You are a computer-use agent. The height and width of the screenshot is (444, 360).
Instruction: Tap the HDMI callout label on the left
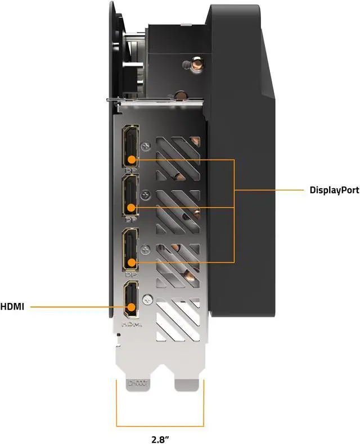pyautogui.click(x=12, y=307)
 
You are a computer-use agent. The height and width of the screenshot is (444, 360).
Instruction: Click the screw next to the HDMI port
pyautogui.click(x=147, y=299)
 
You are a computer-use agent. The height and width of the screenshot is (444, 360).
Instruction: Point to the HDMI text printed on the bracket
pyautogui.click(x=131, y=325)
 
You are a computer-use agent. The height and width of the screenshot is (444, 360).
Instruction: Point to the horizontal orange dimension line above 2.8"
pyautogui.click(x=160, y=427)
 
